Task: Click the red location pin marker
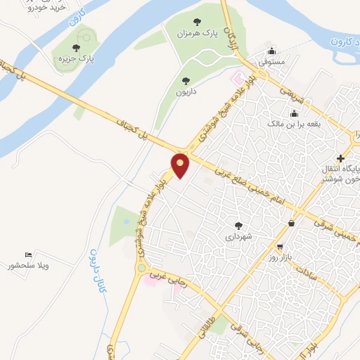[181, 165]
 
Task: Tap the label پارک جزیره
[77, 59]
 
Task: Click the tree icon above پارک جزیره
[77, 47]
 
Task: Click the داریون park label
[186, 93]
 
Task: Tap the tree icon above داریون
[186, 81]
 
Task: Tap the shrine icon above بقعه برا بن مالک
[294, 112]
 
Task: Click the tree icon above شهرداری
[239, 226]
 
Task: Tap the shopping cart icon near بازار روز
[281, 247]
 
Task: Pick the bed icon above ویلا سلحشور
[28, 255]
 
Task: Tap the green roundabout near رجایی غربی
[141, 268]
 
